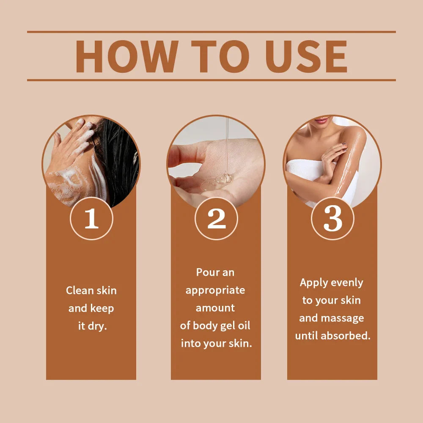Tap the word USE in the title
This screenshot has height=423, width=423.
pyautogui.click(x=306, y=56)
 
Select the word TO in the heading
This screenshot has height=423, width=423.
pyautogui.click(x=220, y=56)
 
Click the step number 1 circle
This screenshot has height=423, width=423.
pyautogui.click(x=91, y=218)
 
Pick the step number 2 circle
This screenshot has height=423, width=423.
pyautogui.click(x=216, y=218)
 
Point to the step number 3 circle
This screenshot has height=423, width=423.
pyautogui.click(x=332, y=218)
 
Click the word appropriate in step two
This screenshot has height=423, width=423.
pyautogui.click(x=215, y=291)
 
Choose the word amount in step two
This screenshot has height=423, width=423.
pyautogui.click(x=215, y=308)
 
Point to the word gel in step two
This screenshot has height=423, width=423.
pyautogui.click(x=228, y=326)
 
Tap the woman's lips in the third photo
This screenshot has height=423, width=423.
pyautogui.click(x=321, y=120)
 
